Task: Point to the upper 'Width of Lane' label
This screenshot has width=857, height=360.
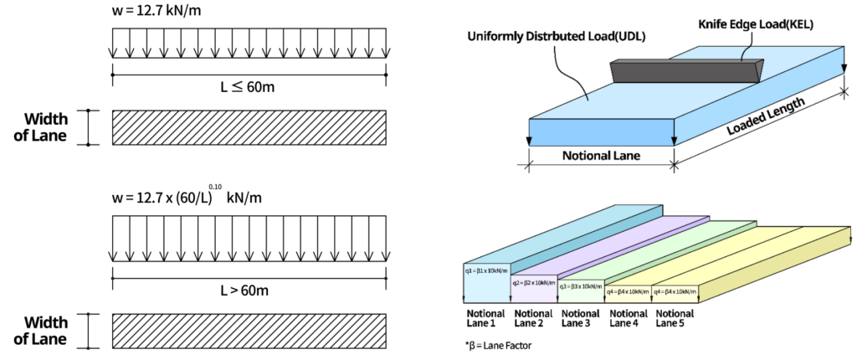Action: [45, 127]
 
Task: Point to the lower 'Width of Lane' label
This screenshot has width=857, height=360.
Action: [45, 330]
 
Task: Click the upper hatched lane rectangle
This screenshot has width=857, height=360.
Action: [249, 127]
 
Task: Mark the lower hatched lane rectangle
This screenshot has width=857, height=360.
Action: [249, 330]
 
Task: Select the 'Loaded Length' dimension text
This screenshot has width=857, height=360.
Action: [766, 117]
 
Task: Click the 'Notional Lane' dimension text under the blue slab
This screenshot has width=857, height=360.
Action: [601, 156]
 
